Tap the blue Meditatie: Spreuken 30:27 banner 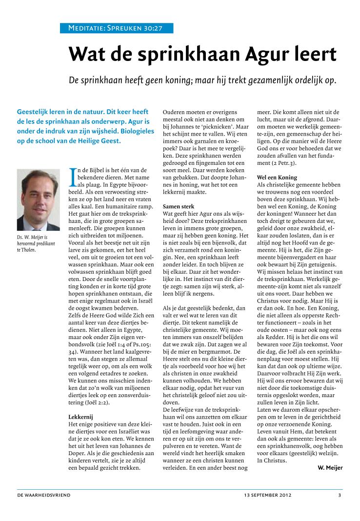pyautogui.click(x=116, y=28)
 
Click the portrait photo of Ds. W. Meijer pyautogui.click(x=38, y=200)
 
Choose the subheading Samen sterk pyautogui.click(x=179, y=206)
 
